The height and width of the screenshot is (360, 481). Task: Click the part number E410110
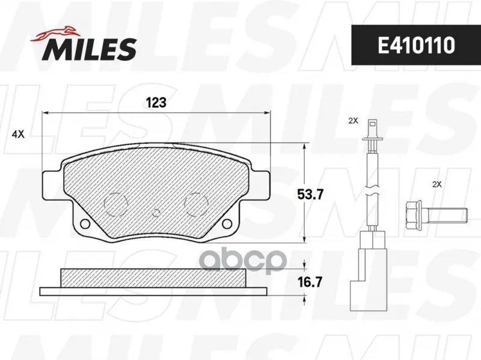click(416, 46)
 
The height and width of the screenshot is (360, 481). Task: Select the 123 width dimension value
click(156, 102)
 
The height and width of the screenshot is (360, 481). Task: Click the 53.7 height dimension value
click(310, 194)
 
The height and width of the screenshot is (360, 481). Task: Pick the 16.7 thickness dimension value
click(310, 282)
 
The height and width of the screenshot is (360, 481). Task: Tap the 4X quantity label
click(18, 134)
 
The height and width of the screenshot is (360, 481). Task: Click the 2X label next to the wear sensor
click(353, 121)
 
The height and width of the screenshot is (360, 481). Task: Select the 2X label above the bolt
click(437, 185)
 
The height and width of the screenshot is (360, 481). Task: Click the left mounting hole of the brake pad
click(84, 224)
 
